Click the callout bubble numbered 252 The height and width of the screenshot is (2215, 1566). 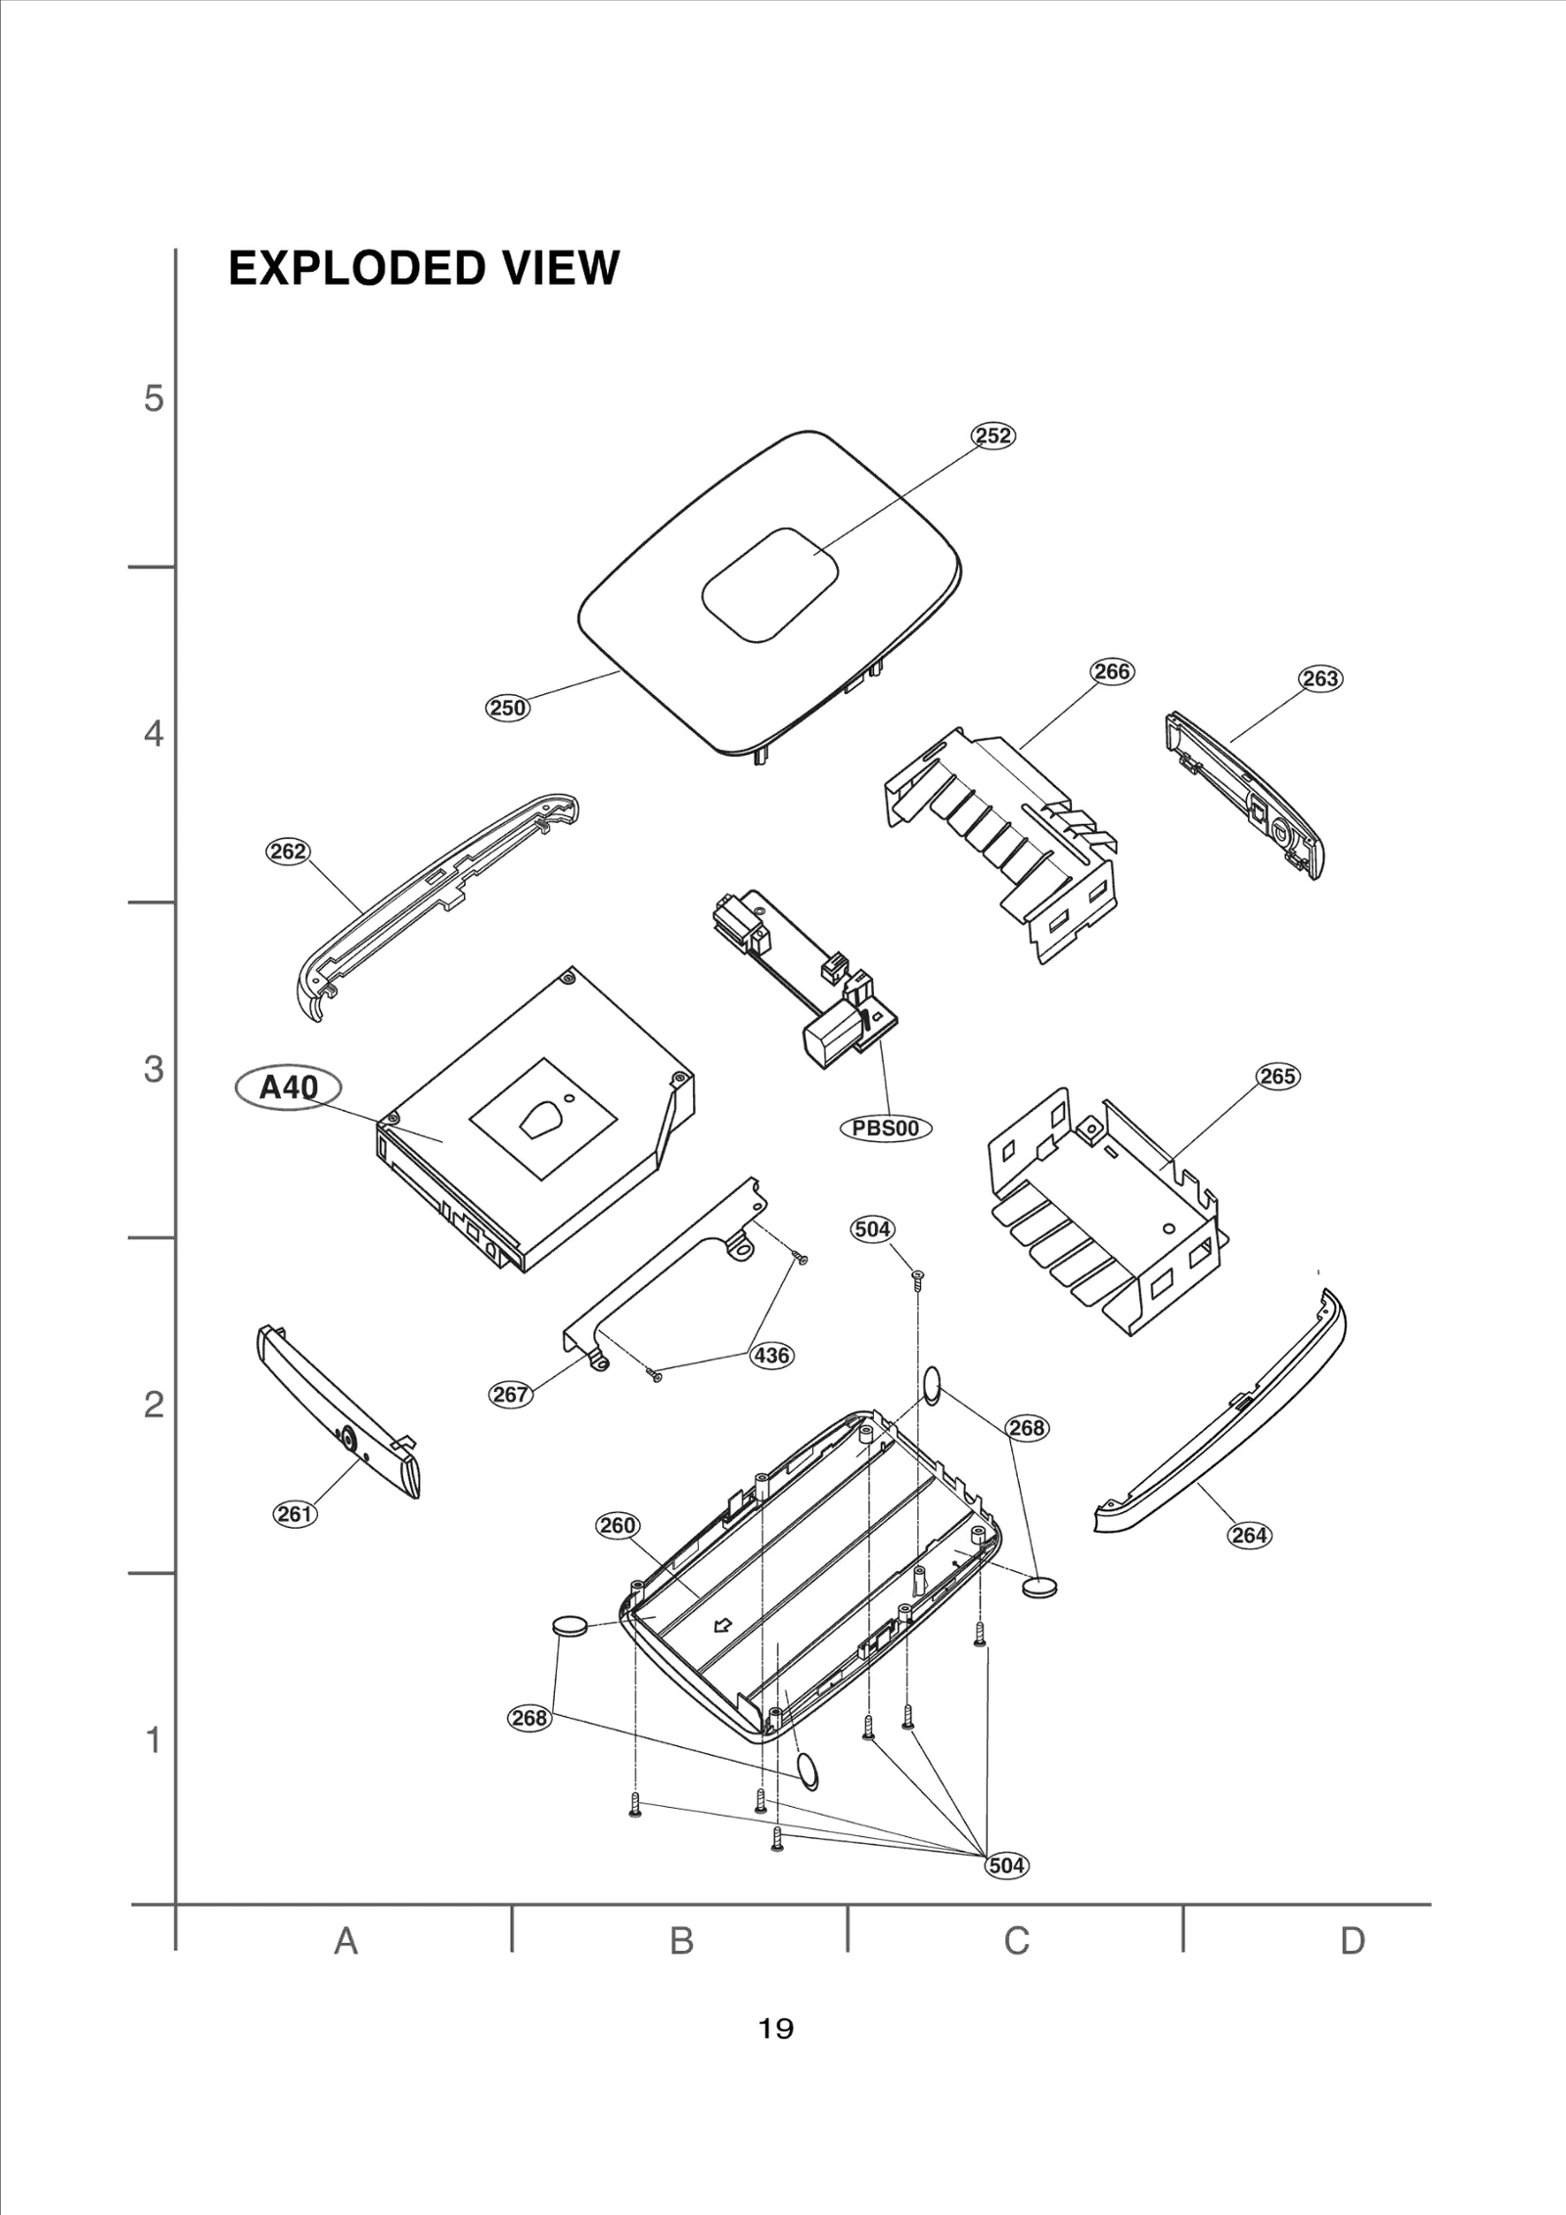point(992,436)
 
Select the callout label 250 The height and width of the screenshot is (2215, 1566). point(508,708)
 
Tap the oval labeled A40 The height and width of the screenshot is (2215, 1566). point(289,1087)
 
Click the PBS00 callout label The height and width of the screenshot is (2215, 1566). point(886,1128)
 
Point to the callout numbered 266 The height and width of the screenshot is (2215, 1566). point(1112,671)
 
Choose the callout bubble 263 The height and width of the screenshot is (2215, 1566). point(1320,678)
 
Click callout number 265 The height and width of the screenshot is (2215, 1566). point(1277,1077)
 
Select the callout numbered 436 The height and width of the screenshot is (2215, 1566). point(771,1356)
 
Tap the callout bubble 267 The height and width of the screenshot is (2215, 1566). point(510,1394)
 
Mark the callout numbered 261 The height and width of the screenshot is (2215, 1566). point(294,1514)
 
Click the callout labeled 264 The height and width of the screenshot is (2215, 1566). point(1250,1535)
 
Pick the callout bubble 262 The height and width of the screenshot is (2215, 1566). point(288,852)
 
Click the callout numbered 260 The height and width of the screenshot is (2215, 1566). point(618,1525)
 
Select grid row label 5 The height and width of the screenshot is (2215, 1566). point(155,399)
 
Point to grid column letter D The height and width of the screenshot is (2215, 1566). point(1352,1940)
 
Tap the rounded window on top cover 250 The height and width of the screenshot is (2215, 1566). point(770,585)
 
